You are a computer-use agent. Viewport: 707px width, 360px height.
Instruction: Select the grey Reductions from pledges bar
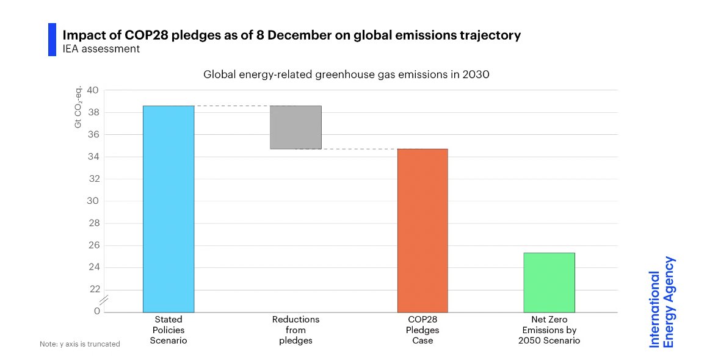pos(295,128)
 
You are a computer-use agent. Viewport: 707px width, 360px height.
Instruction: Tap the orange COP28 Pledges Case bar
pos(422,230)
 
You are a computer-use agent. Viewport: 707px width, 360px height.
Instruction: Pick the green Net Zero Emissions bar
pos(549,282)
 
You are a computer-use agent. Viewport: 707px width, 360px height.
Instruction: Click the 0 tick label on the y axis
pos(96,311)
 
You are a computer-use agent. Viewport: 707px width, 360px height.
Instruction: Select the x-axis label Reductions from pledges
pos(295,330)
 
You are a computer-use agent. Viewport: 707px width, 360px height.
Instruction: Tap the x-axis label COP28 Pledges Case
pos(422,330)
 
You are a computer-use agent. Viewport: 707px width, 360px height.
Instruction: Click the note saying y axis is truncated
pos(80,344)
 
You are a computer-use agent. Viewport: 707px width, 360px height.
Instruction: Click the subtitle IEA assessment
pos(101,49)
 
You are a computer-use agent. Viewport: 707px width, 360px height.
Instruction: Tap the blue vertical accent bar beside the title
pos(52,40)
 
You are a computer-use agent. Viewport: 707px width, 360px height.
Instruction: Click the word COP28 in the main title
pos(127,35)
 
